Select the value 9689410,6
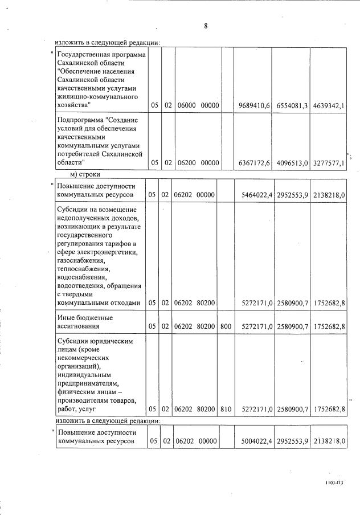(252, 105)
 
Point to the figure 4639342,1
(329, 105)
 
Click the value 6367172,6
(252, 163)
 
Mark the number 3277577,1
(329, 163)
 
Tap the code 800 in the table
(227, 326)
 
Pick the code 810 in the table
(227, 409)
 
